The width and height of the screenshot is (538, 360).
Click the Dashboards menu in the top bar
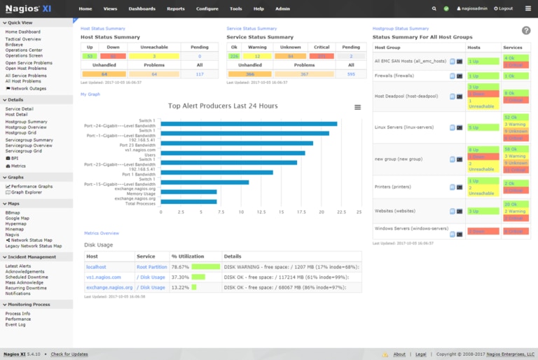[x=142, y=8]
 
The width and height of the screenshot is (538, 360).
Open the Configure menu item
[x=207, y=8]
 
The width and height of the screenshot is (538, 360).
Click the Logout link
[x=504, y=8]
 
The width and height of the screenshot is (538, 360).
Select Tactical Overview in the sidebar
[x=23, y=39]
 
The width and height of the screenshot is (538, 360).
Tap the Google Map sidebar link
[x=18, y=218]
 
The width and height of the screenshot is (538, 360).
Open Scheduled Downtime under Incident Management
[x=27, y=277]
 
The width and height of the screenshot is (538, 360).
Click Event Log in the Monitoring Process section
[x=15, y=325]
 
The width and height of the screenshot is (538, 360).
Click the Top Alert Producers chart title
[x=223, y=106]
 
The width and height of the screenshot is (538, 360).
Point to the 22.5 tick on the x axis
[x=340, y=212]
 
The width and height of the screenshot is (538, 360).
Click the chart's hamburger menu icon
[x=358, y=107]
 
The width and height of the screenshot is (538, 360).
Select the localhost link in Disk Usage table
[x=95, y=267]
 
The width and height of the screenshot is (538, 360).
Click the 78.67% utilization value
[x=180, y=267]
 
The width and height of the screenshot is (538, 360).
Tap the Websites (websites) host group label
[x=395, y=211]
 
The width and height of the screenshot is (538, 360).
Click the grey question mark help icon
[x=526, y=31]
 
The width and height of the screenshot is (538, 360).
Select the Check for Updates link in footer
[x=69, y=354]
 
